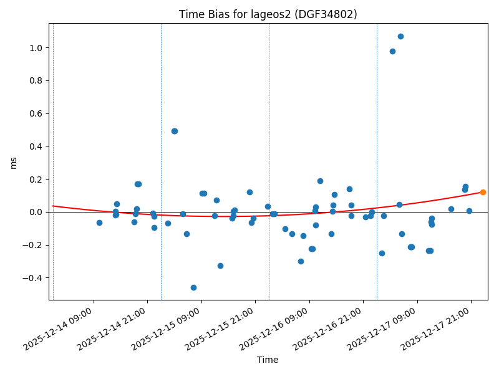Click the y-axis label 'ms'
click(x=14, y=162)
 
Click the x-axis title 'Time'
click(x=268, y=360)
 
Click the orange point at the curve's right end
click(x=483, y=192)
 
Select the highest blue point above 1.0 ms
click(x=400, y=36)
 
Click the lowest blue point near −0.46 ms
click(x=193, y=287)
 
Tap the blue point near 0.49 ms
click(x=175, y=131)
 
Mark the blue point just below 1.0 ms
click(x=392, y=51)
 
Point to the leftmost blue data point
click(x=99, y=223)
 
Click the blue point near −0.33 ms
click(x=220, y=266)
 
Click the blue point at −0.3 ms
click(x=301, y=261)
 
